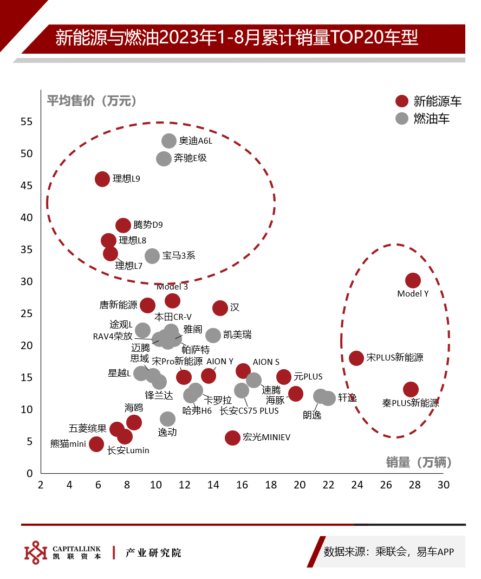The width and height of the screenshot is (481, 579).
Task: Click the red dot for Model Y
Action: click(x=413, y=281)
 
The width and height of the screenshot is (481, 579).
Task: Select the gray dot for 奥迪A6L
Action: click(x=169, y=141)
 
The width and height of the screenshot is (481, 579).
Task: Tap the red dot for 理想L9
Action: click(x=102, y=179)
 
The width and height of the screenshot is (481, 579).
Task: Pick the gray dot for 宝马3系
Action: click(x=152, y=256)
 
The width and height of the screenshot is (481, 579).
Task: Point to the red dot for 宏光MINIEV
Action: click(x=232, y=438)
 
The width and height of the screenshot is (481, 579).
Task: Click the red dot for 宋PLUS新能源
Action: click(x=356, y=358)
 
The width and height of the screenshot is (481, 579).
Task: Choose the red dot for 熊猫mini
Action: click(x=96, y=444)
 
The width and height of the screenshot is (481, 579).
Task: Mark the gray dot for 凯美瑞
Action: click(x=213, y=335)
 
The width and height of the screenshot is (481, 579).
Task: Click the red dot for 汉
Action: click(x=220, y=308)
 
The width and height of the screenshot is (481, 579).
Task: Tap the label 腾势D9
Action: click(x=148, y=224)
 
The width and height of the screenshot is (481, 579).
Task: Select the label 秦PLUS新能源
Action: click(x=410, y=403)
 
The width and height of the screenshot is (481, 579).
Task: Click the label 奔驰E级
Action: click(x=190, y=158)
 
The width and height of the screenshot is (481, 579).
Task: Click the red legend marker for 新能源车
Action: click(x=402, y=101)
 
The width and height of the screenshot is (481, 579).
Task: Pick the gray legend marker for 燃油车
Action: click(x=402, y=119)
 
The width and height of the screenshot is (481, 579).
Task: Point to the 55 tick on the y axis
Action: click(x=27, y=121)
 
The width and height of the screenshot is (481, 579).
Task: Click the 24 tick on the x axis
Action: click(x=357, y=485)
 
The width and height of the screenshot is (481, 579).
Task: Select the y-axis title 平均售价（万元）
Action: click(x=92, y=101)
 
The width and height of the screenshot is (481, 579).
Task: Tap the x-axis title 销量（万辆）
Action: click(x=419, y=462)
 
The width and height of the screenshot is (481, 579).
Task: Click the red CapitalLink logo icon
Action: click(x=36, y=553)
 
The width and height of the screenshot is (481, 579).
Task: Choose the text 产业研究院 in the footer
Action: click(x=153, y=553)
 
